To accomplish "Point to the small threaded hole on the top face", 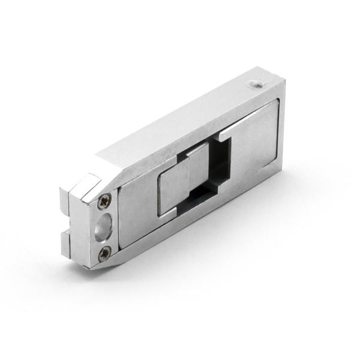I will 254,85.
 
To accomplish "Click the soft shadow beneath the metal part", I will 198,264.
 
